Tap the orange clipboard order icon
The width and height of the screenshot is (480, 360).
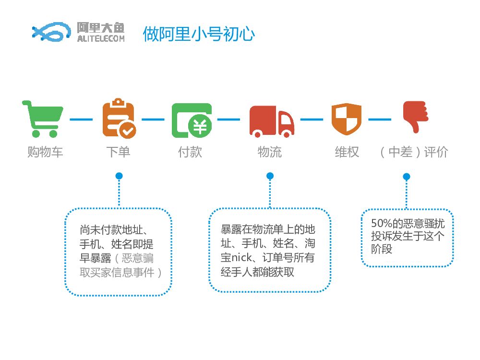(119, 118)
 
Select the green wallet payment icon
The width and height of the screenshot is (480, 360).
(192, 120)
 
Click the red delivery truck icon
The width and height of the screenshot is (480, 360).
(271, 121)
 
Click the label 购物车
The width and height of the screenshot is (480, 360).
(45, 152)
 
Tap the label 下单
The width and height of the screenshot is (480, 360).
(118, 152)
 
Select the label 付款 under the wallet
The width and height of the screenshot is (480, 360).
(190, 152)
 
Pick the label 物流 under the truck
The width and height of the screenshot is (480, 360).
(270, 152)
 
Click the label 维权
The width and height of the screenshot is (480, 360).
(347, 152)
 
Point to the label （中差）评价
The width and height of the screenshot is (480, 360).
(413, 152)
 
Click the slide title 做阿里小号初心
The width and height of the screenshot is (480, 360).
(199, 34)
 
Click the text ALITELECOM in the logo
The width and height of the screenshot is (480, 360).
(100, 38)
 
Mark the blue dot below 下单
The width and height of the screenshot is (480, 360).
(119, 176)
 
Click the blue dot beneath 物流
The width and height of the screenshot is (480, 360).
(270, 176)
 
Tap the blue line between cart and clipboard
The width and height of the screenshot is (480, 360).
(81, 119)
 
